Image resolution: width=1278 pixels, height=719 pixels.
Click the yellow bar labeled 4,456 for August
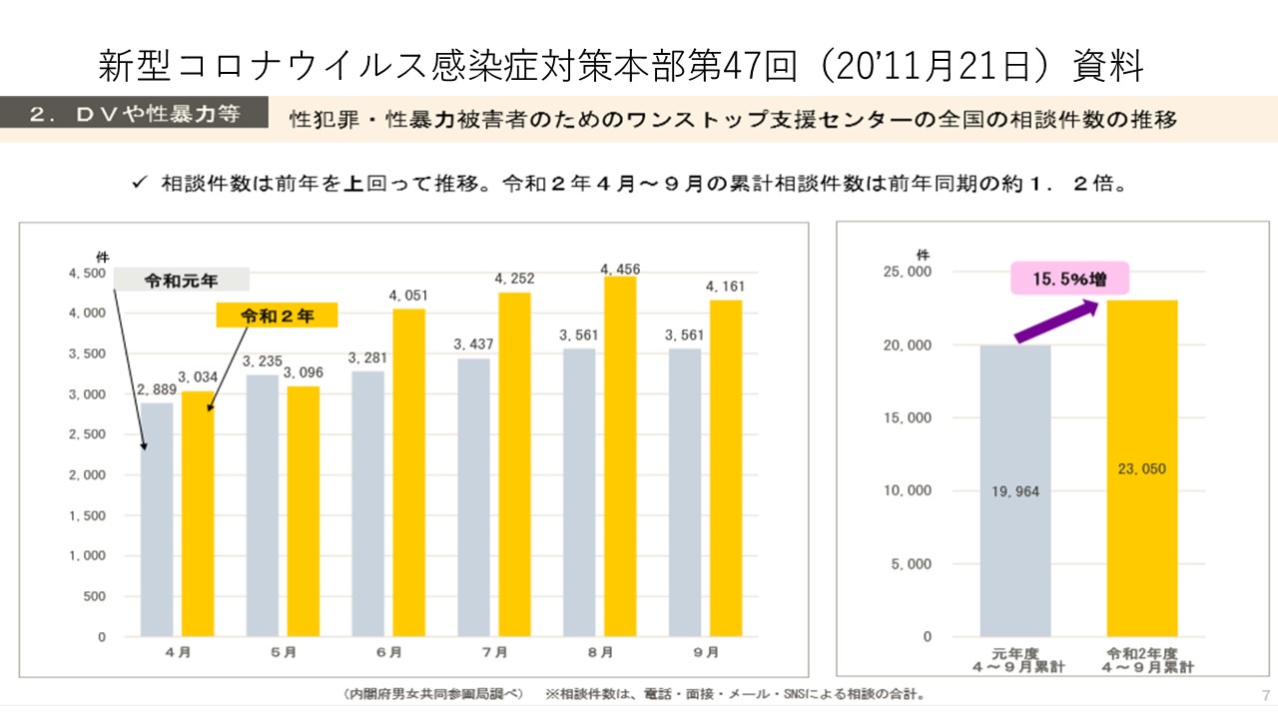coord(620,456)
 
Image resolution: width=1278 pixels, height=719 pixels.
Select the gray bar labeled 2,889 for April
coord(157,519)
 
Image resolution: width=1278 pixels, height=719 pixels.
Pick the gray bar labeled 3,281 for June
coord(368,503)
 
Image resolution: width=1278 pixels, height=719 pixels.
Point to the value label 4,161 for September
coord(725,288)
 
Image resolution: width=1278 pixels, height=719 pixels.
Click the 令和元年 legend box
coord(181,282)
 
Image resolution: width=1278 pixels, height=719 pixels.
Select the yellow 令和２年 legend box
coord(277,316)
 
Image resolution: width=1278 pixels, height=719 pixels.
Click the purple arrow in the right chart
coord(1056,322)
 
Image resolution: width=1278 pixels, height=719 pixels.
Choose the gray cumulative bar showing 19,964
coord(1015,490)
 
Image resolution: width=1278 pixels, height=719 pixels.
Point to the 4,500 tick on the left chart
coord(87,273)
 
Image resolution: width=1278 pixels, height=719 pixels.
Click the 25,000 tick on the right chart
coord(908,272)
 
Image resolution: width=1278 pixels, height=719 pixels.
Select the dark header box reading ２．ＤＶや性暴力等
coord(135,114)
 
